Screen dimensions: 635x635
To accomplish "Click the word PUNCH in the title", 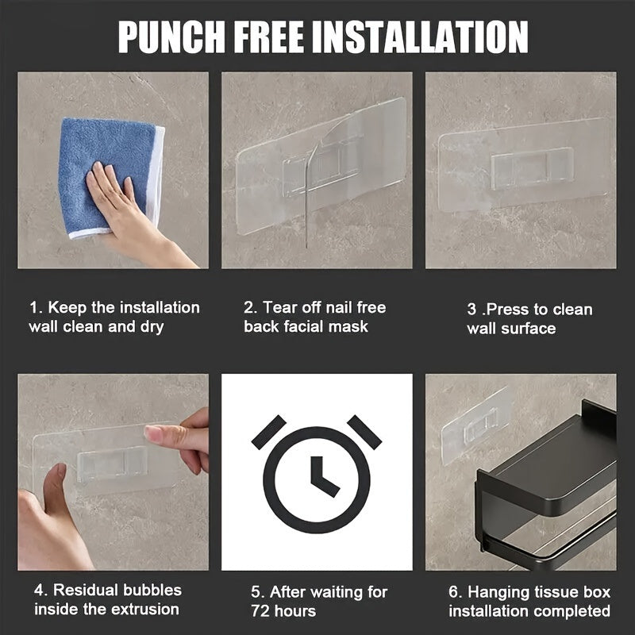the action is (x=171, y=37).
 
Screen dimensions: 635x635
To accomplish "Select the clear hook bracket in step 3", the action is (x=533, y=167).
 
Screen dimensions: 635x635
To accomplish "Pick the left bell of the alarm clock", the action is (x=268, y=432).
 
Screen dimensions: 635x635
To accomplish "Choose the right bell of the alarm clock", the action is (x=364, y=432).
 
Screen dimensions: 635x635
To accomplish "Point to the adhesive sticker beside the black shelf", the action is (x=475, y=426).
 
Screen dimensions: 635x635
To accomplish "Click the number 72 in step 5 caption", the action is (x=260, y=610).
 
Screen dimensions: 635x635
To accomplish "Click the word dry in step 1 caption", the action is (x=152, y=327).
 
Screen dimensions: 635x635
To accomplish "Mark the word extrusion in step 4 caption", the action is (x=145, y=609).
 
